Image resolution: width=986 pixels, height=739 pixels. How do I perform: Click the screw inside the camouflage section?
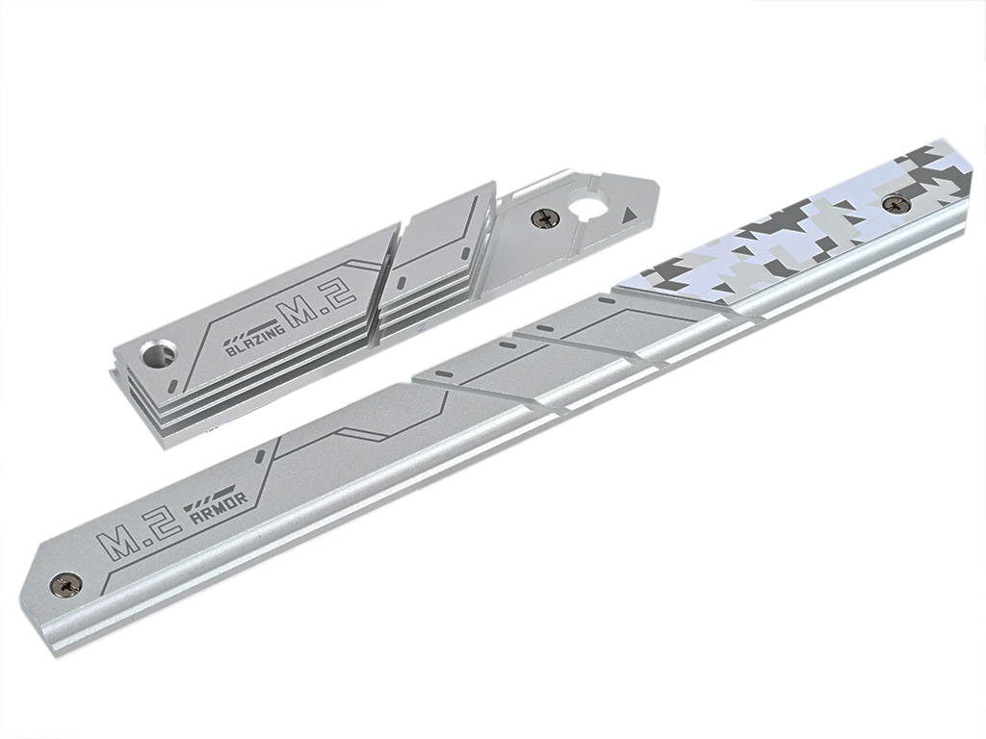click(x=896, y=204)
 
